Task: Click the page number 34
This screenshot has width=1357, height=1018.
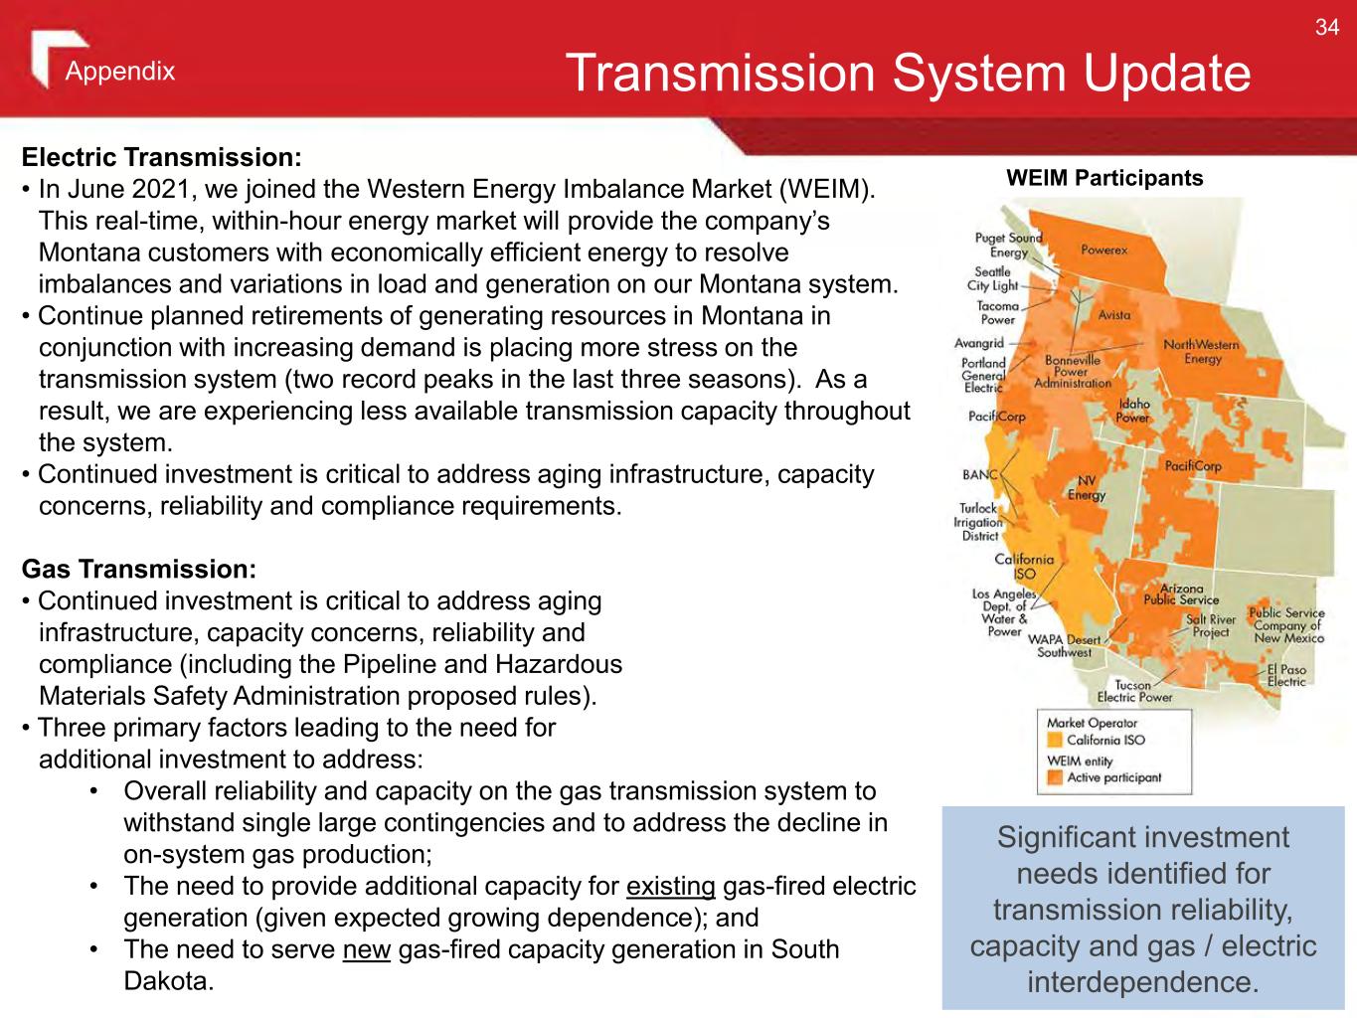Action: (x=1327, y=27)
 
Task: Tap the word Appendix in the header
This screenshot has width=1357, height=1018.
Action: (x=120, y=71)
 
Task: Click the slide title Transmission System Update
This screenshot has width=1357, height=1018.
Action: (x=909, y=73)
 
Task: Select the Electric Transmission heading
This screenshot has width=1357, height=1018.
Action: (x=161, y=157)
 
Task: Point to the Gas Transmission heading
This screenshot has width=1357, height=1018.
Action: (x=139, y=569)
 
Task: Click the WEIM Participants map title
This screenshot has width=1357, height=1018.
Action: (x=1104, y=178)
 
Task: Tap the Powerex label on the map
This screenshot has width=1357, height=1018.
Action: (x=1104, y=250)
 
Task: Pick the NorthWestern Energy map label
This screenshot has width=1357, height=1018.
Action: (x=1201, y=352)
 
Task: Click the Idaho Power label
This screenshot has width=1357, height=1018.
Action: (x=1133, y=411)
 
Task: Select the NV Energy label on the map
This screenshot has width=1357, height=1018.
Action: (x=1087, y=488)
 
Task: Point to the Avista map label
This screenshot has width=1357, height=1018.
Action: (x=1114, y=314)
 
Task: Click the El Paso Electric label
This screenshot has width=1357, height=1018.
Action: (x=1286, y=676)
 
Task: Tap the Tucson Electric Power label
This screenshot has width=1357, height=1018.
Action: (x=1134, y=691)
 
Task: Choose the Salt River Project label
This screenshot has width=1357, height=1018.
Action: (x=1211, y=625)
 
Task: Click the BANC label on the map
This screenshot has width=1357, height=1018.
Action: (x=980, y=474)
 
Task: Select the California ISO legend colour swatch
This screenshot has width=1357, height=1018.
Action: (x=1055, y=740)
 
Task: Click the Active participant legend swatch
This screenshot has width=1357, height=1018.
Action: (x=1055, y=777)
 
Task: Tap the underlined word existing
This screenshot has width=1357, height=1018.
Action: (x=671, y=887)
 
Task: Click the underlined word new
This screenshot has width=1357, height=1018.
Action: (x=367, y=950)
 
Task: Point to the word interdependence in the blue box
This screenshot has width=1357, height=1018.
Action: (x=1143, y=981)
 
